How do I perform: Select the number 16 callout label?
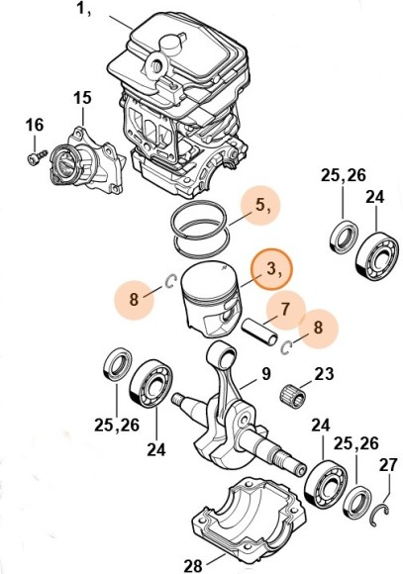[x=35, y=125]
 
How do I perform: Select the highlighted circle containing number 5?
[x=261, y=207]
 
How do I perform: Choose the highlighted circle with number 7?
[x=284, y=309]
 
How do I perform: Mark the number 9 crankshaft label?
[x=266, y=374]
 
